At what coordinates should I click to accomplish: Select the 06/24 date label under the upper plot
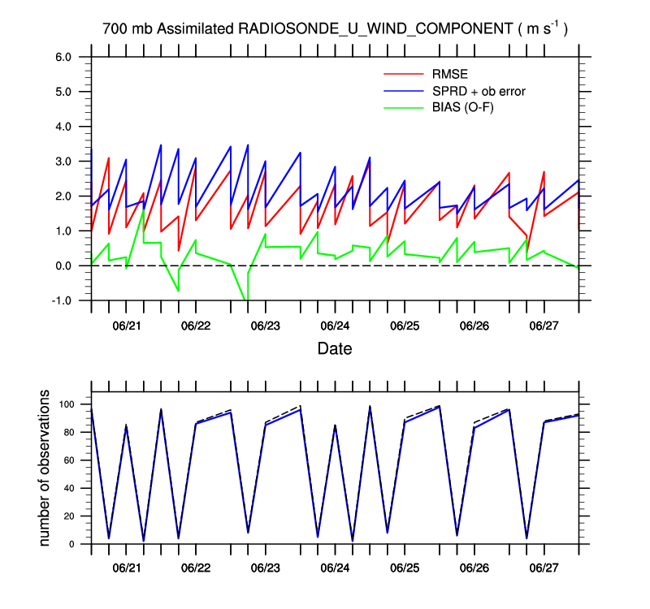pos(336,326)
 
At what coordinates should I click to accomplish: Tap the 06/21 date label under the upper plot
pos(127,326)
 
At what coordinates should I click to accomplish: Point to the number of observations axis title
pos(45,468)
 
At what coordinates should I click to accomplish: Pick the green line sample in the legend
pos(403,106)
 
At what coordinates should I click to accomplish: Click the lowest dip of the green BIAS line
pos(246,300)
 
